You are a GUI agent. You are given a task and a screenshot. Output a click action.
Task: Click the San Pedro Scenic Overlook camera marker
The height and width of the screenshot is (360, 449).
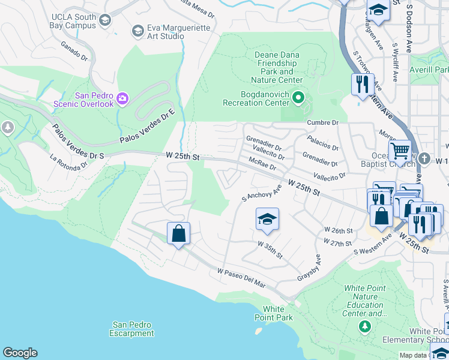122,98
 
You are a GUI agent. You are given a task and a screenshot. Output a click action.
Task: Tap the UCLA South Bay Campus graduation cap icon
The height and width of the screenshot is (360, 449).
106,21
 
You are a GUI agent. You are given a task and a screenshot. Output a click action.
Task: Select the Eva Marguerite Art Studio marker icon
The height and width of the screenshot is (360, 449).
137,31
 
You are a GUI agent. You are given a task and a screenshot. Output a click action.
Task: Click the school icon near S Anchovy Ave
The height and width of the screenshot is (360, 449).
267,219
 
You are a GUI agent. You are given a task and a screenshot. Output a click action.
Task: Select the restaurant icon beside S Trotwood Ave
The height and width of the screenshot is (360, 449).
362,84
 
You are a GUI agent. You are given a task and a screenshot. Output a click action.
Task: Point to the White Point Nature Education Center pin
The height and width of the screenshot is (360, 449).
364,326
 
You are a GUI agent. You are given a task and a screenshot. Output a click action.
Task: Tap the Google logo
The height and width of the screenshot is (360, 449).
20,353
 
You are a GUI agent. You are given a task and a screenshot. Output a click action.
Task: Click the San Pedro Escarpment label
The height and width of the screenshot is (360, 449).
133,329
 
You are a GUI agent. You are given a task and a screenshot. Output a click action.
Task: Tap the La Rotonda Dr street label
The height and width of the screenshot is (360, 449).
73,163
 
